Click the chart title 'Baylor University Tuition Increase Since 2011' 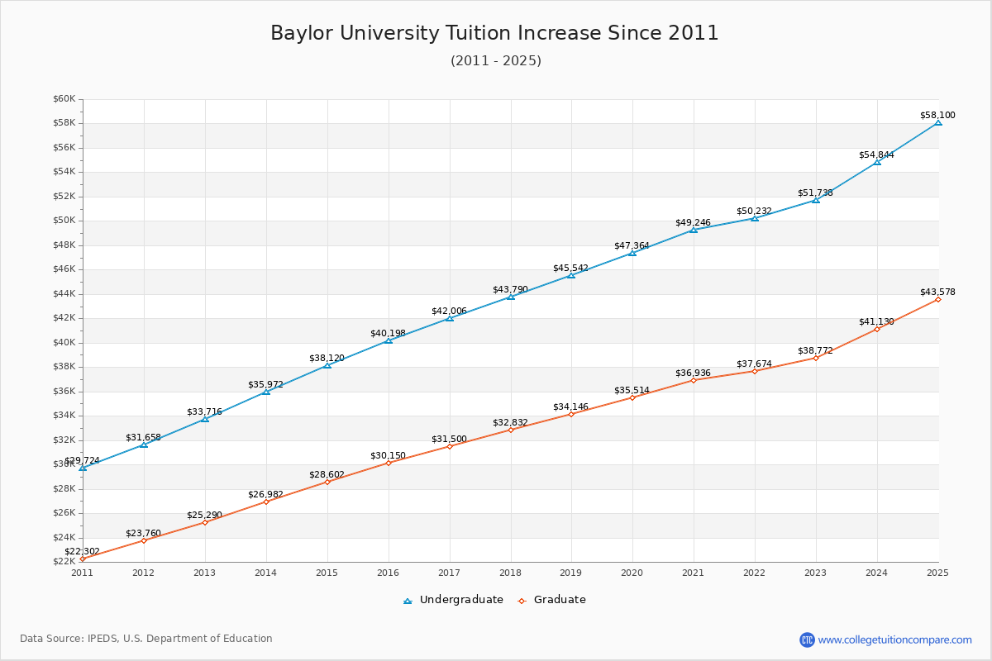(494, 33)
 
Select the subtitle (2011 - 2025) (495, 61)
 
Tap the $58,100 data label (937, 115)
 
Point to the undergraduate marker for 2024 (877, 162)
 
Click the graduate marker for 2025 (938, 299)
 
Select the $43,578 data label (937, 292)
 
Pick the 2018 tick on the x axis (510, 572)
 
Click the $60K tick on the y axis (64, 99)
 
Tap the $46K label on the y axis (64, 269)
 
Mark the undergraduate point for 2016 (389, 340)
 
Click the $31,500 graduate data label (449, 439)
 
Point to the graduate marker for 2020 (632, 397)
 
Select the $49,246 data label (693, 222)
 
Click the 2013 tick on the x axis (204, 572)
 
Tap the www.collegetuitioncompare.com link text (894, 640)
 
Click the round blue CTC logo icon (807, 640)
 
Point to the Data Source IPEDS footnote (146, 639)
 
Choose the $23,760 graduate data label (143, 533)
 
